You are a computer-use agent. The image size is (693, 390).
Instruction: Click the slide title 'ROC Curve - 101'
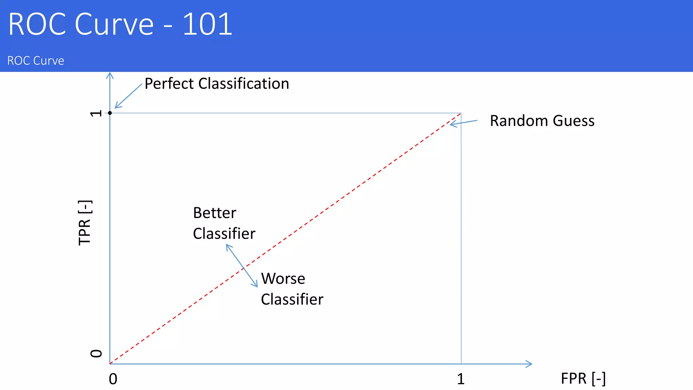(120, 24)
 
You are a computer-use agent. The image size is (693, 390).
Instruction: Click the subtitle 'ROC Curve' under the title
(36, 61)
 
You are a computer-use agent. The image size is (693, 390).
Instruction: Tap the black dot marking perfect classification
(110, 113)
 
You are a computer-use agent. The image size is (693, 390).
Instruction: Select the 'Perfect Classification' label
(217, 84)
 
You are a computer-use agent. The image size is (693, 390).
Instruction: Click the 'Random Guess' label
(542, 121)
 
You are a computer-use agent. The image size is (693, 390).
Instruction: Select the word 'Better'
(215, 213)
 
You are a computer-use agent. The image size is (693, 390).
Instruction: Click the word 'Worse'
(283, 279)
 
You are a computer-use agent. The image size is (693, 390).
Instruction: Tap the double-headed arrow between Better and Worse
(242, 266)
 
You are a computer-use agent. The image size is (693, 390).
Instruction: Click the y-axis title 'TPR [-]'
(85, 222)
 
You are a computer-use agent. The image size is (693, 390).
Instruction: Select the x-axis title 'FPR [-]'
(583, 378)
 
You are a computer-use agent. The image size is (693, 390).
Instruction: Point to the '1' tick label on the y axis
(96, 113)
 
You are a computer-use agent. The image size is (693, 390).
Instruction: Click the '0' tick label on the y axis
(96, 353)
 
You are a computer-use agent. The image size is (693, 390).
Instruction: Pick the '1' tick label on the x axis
(461, 379)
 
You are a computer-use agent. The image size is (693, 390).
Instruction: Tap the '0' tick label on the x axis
(113, 379)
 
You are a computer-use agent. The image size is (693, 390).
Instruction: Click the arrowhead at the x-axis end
(529, 364)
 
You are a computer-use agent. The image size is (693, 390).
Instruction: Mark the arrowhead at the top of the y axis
(110, 75)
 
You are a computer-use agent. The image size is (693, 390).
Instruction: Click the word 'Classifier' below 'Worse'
(292, 299)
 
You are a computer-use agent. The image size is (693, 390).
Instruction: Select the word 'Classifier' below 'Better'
(224, 234)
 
